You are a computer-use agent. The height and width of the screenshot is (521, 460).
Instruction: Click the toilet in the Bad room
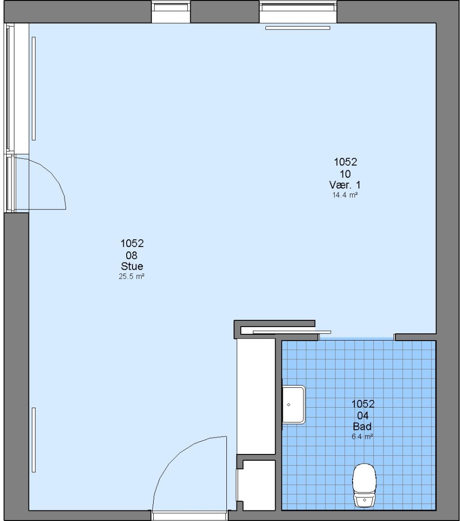[x=364, y=485]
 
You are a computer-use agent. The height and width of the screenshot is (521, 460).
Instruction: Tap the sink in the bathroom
[x=293, y=404]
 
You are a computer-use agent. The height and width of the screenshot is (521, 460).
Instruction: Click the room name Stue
[x=132, y=266]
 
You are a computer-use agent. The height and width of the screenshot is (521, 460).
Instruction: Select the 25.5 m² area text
[x=131, y=276]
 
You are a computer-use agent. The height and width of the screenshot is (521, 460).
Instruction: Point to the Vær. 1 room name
[x=345, y=185]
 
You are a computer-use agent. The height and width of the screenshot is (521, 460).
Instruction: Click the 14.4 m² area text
[x=345, y=195]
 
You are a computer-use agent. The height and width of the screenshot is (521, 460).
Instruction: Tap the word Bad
[x=363, y=426]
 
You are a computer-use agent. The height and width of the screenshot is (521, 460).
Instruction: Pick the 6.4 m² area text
[x=363, y=436]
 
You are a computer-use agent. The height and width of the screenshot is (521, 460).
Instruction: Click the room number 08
[x=131, y=255]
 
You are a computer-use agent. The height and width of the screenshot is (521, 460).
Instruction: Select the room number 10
[x=345, y=174]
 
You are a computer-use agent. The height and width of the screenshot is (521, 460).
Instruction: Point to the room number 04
[x=363, y=415]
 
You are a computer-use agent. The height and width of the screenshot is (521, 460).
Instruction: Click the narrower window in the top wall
[x=171, y=12]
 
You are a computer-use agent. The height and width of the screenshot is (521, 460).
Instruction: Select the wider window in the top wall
[x=298, y=12]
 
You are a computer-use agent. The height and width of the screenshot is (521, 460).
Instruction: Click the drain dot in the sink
[x=289, y=405]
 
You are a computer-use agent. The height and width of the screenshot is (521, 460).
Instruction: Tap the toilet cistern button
[x=365, y=500]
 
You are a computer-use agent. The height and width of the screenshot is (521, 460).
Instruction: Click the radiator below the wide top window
[x=298, y=28]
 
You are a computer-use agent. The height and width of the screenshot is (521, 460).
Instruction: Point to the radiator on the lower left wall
[x=34, y=440]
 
